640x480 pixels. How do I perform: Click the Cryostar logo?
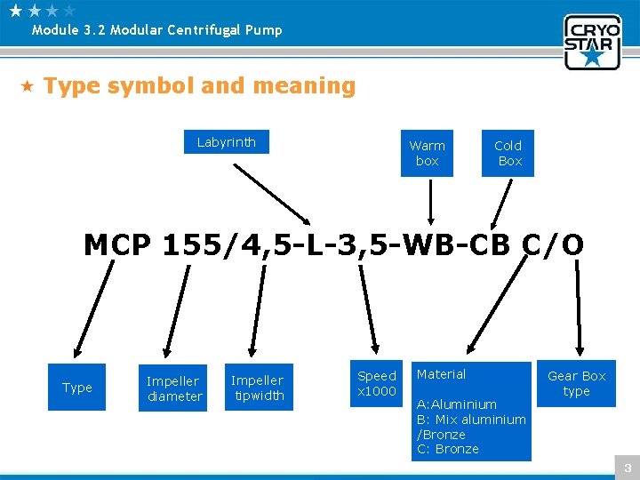(x=591, y=41)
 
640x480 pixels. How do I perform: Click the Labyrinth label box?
(x=227, y=142)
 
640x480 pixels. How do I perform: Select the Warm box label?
(x=427, y=153)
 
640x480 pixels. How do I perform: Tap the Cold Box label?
(x=508, y=153)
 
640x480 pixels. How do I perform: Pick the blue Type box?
(x=77, y=388)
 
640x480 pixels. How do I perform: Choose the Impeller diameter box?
(x=174, y=388)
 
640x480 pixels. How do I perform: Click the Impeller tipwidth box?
(x=257, y=388)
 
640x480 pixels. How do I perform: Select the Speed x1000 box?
(x=377, y=384)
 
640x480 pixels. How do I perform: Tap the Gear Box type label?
(x=576, y=384)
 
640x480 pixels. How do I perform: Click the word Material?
(x=442, y=374)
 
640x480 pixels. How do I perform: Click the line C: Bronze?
(x=448, y=449)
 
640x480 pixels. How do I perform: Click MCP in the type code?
(x=116, y=244)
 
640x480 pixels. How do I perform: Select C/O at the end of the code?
(x=552, y=244)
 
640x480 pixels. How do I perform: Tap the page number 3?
(x=627, y=468)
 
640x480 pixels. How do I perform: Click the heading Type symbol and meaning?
(x=199, y=86)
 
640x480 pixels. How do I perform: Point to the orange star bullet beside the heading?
(x=28, y=86)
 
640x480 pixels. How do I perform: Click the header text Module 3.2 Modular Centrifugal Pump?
(x=156, y=30)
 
